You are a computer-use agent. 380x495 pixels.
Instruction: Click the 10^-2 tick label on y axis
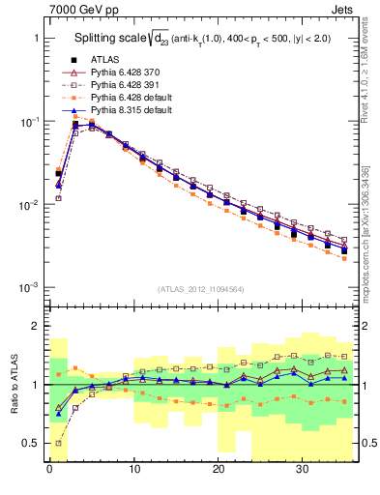point(27,205)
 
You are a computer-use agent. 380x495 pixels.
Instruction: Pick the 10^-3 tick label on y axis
point(27,288)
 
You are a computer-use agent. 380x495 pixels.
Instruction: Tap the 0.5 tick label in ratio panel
point(30,443)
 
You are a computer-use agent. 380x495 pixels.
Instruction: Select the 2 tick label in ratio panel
point(36,326)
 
